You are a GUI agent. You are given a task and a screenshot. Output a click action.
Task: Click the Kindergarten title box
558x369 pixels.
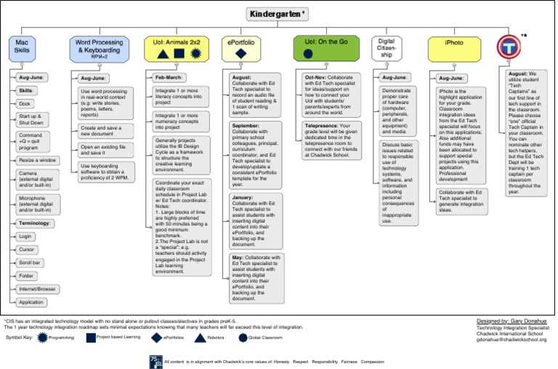pyautogui.click(x=278, y=14)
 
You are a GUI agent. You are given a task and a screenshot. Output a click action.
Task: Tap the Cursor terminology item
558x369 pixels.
pyautogui.click(x=28, y=249)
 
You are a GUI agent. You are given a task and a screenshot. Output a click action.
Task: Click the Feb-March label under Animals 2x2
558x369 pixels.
pyautogui.click(x=170, y=76)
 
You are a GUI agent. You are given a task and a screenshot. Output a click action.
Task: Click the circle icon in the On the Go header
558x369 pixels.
pyautogui.click(x=308, y=54)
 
